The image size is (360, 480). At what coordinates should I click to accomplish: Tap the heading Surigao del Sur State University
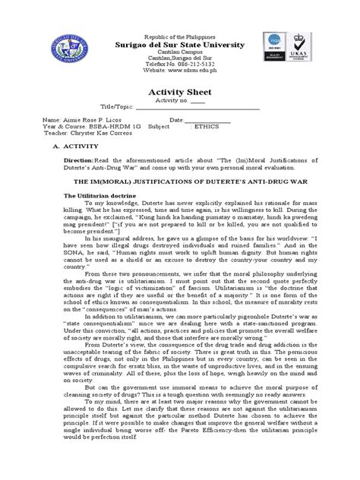pos(179,45)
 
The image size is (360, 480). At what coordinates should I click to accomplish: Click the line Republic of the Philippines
pos(179,36)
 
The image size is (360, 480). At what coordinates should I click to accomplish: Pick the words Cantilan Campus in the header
pos(179,53)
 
